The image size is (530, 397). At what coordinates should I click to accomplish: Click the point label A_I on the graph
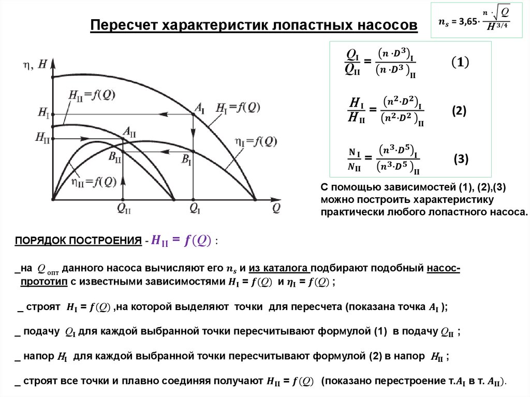[199, 108]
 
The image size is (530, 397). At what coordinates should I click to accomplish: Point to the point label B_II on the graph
[115, 157]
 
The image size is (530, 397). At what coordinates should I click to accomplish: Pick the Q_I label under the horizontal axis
[195, 209]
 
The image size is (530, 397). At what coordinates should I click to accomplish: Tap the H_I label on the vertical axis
[43, 112]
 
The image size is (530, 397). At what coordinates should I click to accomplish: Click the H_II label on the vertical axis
[43, 138]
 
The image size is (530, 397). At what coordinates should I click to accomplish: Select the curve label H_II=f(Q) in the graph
[92, 94]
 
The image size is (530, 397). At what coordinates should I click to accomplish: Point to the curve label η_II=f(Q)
[95, 182]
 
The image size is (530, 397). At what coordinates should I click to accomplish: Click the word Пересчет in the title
[124, 25]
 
